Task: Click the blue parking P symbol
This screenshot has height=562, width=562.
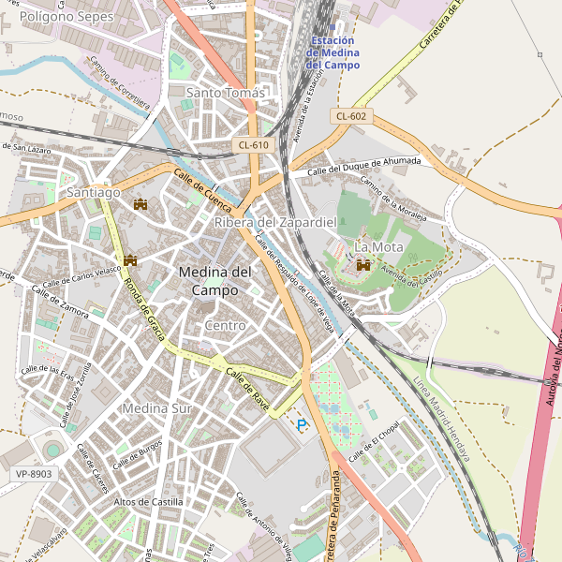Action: point(302,425)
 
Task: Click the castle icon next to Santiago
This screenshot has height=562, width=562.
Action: point(141,203)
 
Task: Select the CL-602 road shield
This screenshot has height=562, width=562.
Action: point(351,116)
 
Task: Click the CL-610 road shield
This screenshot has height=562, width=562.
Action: point(253,144)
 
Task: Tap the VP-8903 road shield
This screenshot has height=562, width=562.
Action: point(34,474)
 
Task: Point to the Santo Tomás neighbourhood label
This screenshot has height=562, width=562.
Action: point(226,93)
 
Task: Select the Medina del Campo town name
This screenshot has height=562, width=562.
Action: point(214,281)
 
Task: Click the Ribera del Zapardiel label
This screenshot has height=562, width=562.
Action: point(274,222)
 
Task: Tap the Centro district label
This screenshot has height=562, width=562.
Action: point(225,325)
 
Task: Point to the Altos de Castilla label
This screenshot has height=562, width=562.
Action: point(147,502)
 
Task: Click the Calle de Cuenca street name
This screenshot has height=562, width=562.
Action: point(201,187)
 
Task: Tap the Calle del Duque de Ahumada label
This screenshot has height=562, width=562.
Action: point(364,165)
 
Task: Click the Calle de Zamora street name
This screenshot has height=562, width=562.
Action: point(60,301)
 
